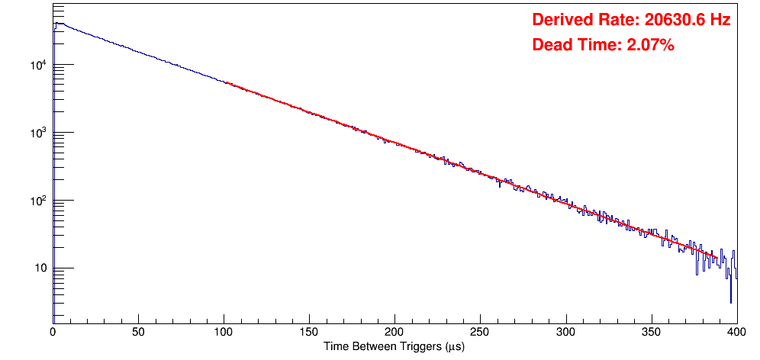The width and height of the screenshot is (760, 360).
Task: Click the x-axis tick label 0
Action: pos(53,332)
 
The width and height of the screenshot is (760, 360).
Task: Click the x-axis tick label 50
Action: pos(138,332)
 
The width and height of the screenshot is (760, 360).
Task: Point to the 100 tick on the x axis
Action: pos(224,332)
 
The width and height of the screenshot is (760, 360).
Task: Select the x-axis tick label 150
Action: pos(309,332)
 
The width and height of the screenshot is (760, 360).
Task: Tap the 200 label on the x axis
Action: pos(394,332)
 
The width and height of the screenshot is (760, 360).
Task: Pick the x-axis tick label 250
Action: pos(480,332)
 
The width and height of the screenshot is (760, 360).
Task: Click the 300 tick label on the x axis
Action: pos(565,332)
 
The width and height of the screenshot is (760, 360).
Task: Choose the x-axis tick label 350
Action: pos(651,332)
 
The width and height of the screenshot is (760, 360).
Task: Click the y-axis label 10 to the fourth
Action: pos(37,65)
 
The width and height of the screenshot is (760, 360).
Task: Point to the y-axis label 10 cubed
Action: pos(37,133)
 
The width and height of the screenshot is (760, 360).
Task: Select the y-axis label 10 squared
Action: pos(37,201)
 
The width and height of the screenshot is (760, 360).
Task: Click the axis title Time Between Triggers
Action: pos(394,347)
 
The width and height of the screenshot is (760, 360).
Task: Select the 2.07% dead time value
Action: pos(650,45)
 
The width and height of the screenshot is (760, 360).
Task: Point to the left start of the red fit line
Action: pos(226,82)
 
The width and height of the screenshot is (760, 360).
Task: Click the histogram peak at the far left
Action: pos(56,24)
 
